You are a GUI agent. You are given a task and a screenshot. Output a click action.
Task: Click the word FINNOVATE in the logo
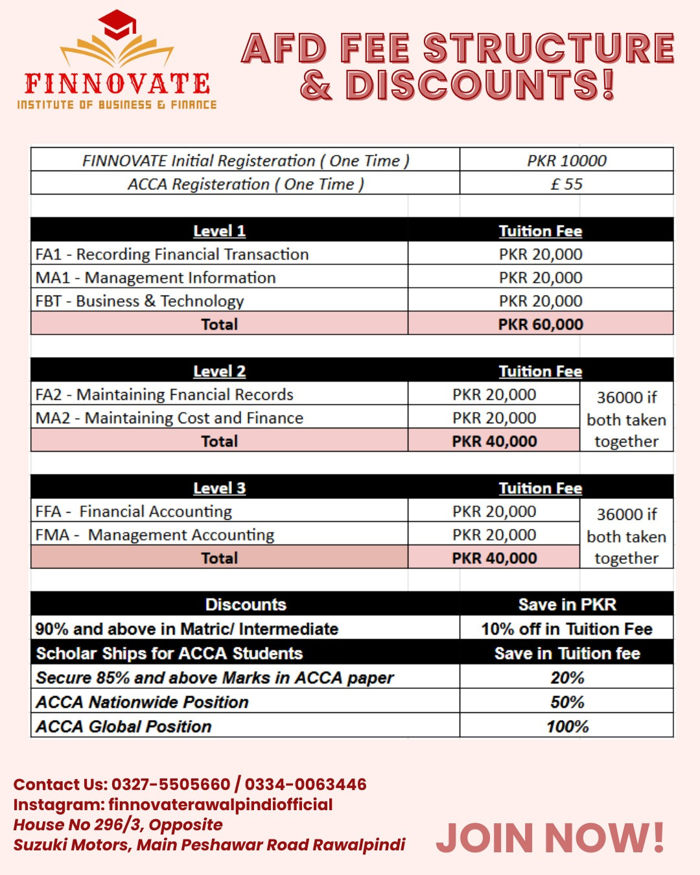point(117,84)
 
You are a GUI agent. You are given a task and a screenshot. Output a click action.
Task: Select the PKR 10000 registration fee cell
point(566,160)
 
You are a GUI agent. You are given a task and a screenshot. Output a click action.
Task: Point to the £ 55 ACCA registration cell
point(566,184)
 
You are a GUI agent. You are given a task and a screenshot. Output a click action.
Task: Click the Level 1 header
point(219,231)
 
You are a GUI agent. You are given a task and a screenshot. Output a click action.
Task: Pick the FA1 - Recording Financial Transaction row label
point(172,254)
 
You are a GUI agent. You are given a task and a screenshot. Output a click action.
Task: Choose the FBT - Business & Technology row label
point(139,301)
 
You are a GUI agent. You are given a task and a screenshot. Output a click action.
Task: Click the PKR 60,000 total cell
point(541,324)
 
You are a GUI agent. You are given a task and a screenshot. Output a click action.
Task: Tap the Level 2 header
point(219,371)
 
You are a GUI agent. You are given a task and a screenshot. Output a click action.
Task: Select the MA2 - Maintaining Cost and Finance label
point(169,418)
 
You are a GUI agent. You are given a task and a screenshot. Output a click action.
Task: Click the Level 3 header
point(219,488)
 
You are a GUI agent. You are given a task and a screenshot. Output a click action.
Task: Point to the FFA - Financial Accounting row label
point(134,511)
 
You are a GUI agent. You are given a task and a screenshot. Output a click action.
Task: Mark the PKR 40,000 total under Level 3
point(494,558)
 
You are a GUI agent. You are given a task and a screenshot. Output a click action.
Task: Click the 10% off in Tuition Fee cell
point(566,629)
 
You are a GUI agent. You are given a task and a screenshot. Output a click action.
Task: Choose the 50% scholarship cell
point(567,702)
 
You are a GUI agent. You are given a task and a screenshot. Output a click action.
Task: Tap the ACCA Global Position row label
point(124,727)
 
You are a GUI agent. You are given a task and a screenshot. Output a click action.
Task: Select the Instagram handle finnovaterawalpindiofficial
point(220,804)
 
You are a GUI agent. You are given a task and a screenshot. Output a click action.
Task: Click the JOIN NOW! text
point(550,837)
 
